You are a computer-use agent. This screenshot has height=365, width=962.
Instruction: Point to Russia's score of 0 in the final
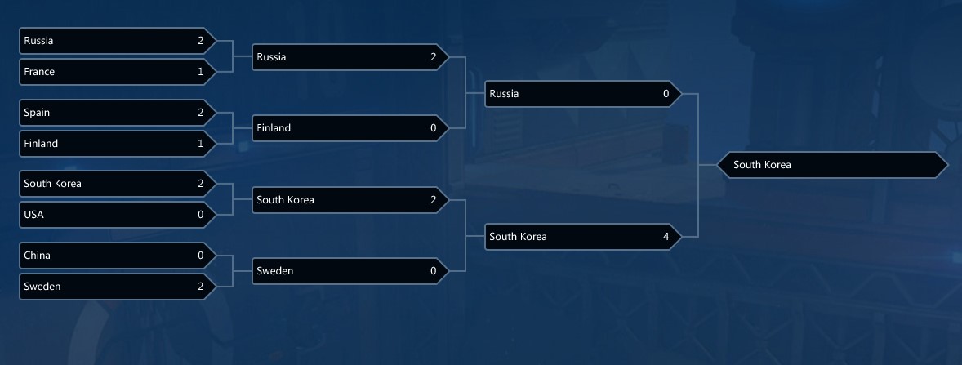(x=666, y=94)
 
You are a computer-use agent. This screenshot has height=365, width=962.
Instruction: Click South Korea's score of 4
(x=666, y=237)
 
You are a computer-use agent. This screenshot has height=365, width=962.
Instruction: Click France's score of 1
(x=201, y=72)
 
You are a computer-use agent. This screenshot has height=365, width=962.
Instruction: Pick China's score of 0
(x=201, y=256)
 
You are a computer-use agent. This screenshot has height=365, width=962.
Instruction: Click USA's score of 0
(x=201, y=215)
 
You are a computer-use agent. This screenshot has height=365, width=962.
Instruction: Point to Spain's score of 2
(x=201, y=113)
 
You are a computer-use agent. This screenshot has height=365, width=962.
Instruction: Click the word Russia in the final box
(x=504, y=94)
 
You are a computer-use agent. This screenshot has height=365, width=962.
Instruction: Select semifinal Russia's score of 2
(x=434, y=57)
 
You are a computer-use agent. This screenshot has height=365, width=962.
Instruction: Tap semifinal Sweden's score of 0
(x=434, y=271)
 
